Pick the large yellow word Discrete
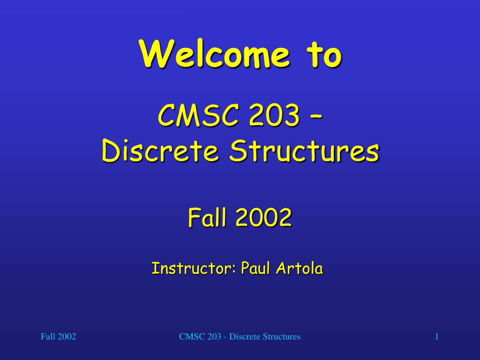pos(161,151)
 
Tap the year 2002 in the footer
pos(67,337)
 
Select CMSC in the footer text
pos(189,337)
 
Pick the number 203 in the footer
pos(213,337)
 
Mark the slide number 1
pos(436,337)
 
